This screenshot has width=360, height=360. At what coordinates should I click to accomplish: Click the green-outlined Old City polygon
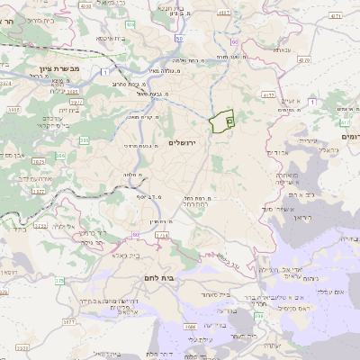pos(220,121)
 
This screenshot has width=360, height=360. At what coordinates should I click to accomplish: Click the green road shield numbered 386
pos(85,140)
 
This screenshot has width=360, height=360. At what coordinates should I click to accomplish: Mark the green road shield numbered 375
pos(59,282)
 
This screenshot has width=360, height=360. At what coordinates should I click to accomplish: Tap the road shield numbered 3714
pos(161,236)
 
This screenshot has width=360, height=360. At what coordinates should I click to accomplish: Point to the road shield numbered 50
pos(180,38)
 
